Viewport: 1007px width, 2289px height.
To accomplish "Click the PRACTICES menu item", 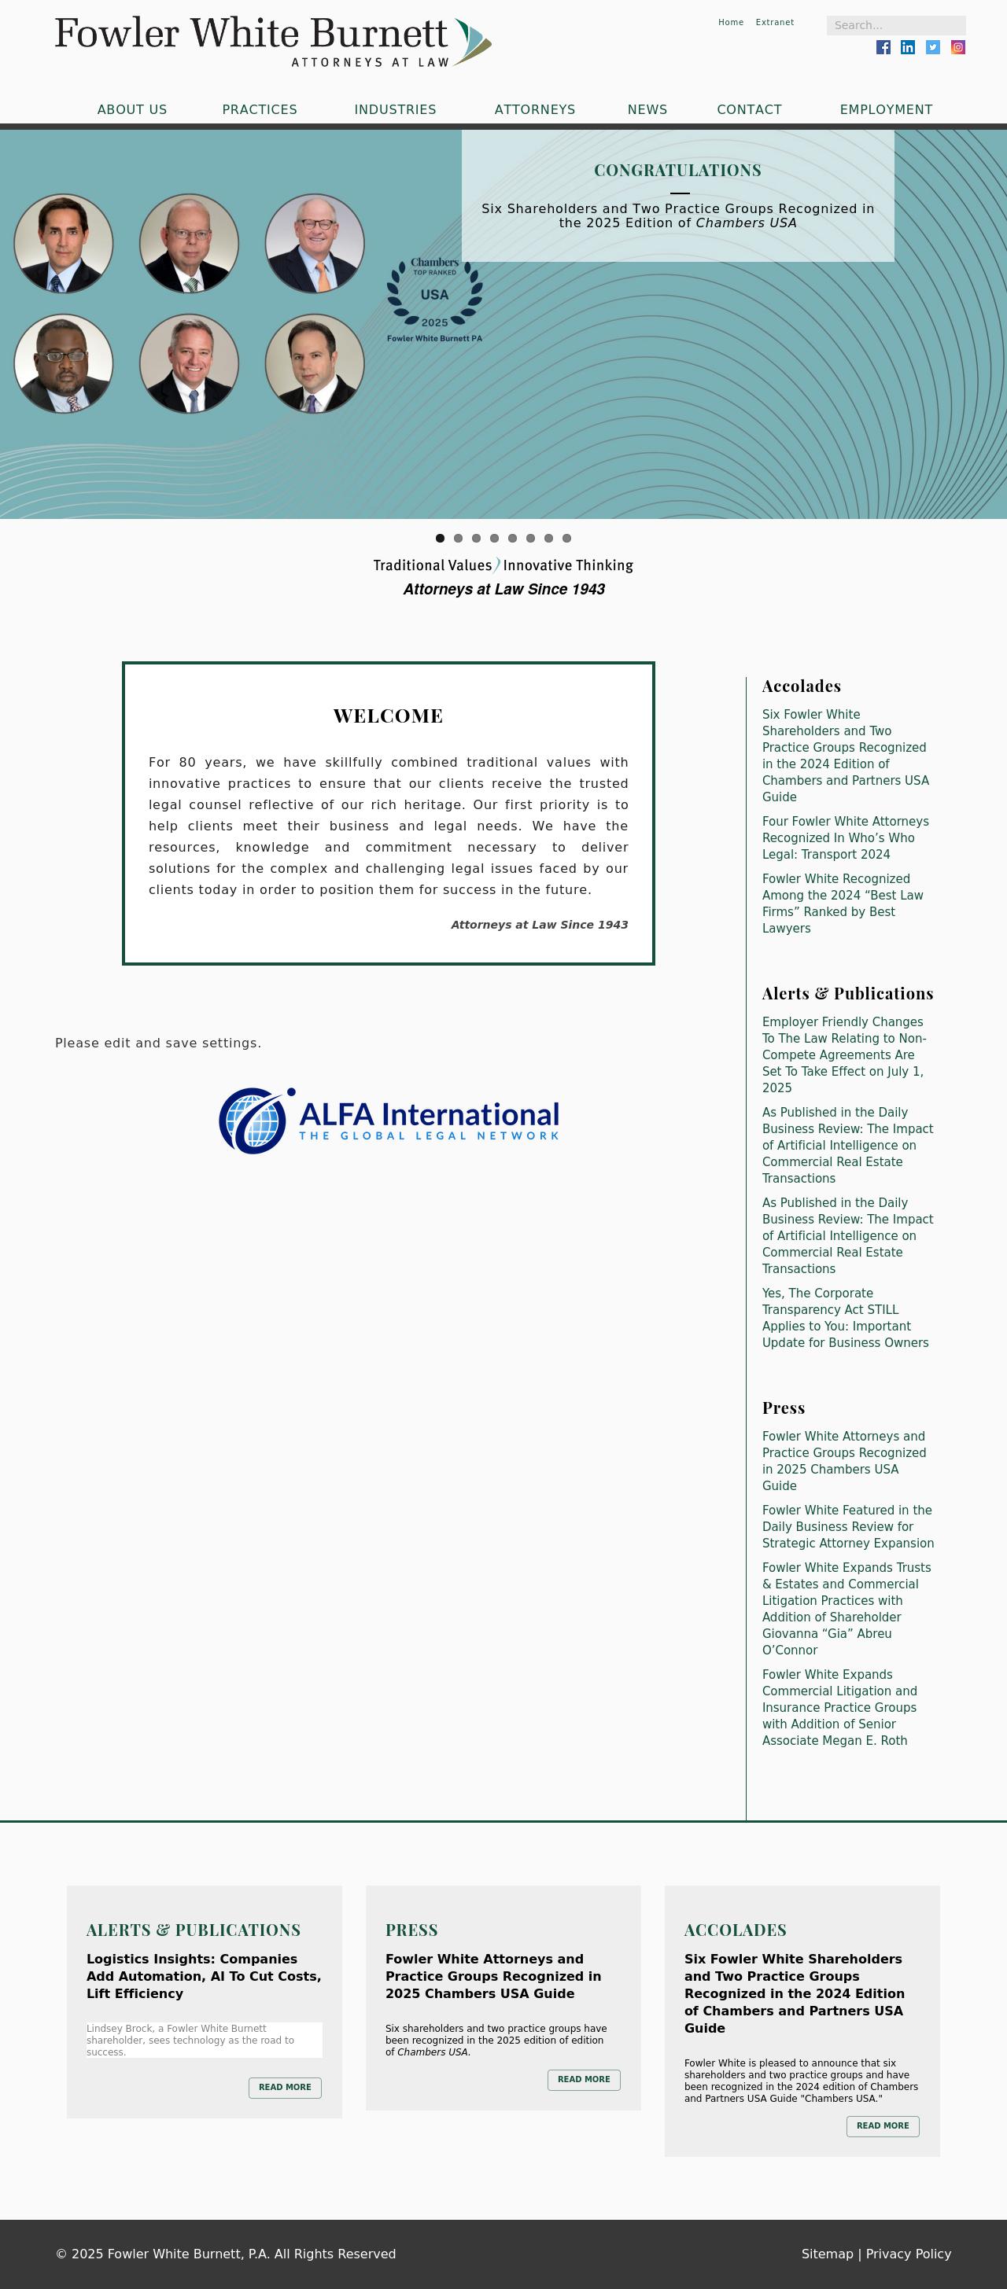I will point(260,109).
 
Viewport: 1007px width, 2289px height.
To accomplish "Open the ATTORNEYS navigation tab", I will point(534,109).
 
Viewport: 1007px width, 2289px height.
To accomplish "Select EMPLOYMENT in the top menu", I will point(885,109).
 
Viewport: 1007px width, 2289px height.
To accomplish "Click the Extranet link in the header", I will point(774,22).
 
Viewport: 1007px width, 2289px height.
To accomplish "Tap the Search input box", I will point(895,25).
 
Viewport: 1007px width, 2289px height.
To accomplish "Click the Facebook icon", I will point(883,47).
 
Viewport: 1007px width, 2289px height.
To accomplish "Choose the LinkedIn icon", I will point(907,47).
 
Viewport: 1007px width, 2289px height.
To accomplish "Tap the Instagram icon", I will point(958,47).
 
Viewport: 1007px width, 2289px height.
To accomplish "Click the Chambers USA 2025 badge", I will point(434,300).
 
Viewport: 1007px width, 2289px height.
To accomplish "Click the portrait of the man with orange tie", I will point(315,244).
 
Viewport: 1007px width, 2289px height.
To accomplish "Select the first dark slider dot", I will point(440,538).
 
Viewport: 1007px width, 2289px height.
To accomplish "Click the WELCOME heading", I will point(388,716).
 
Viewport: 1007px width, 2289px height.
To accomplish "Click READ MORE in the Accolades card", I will point(882,2125).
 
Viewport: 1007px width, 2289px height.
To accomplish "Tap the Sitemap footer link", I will point(827,2254).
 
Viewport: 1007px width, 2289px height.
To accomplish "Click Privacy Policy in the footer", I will point(907,2254).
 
